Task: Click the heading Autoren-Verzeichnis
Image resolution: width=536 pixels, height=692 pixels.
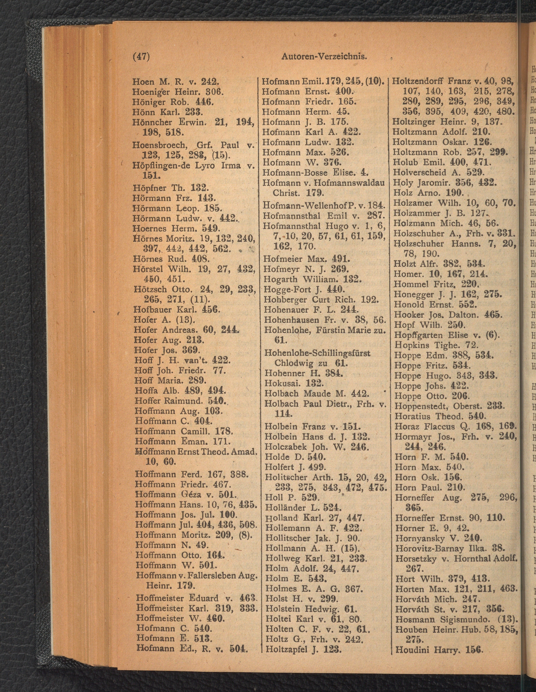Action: point(324,57)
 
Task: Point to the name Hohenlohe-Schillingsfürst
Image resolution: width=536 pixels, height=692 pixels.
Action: point(317,353)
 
